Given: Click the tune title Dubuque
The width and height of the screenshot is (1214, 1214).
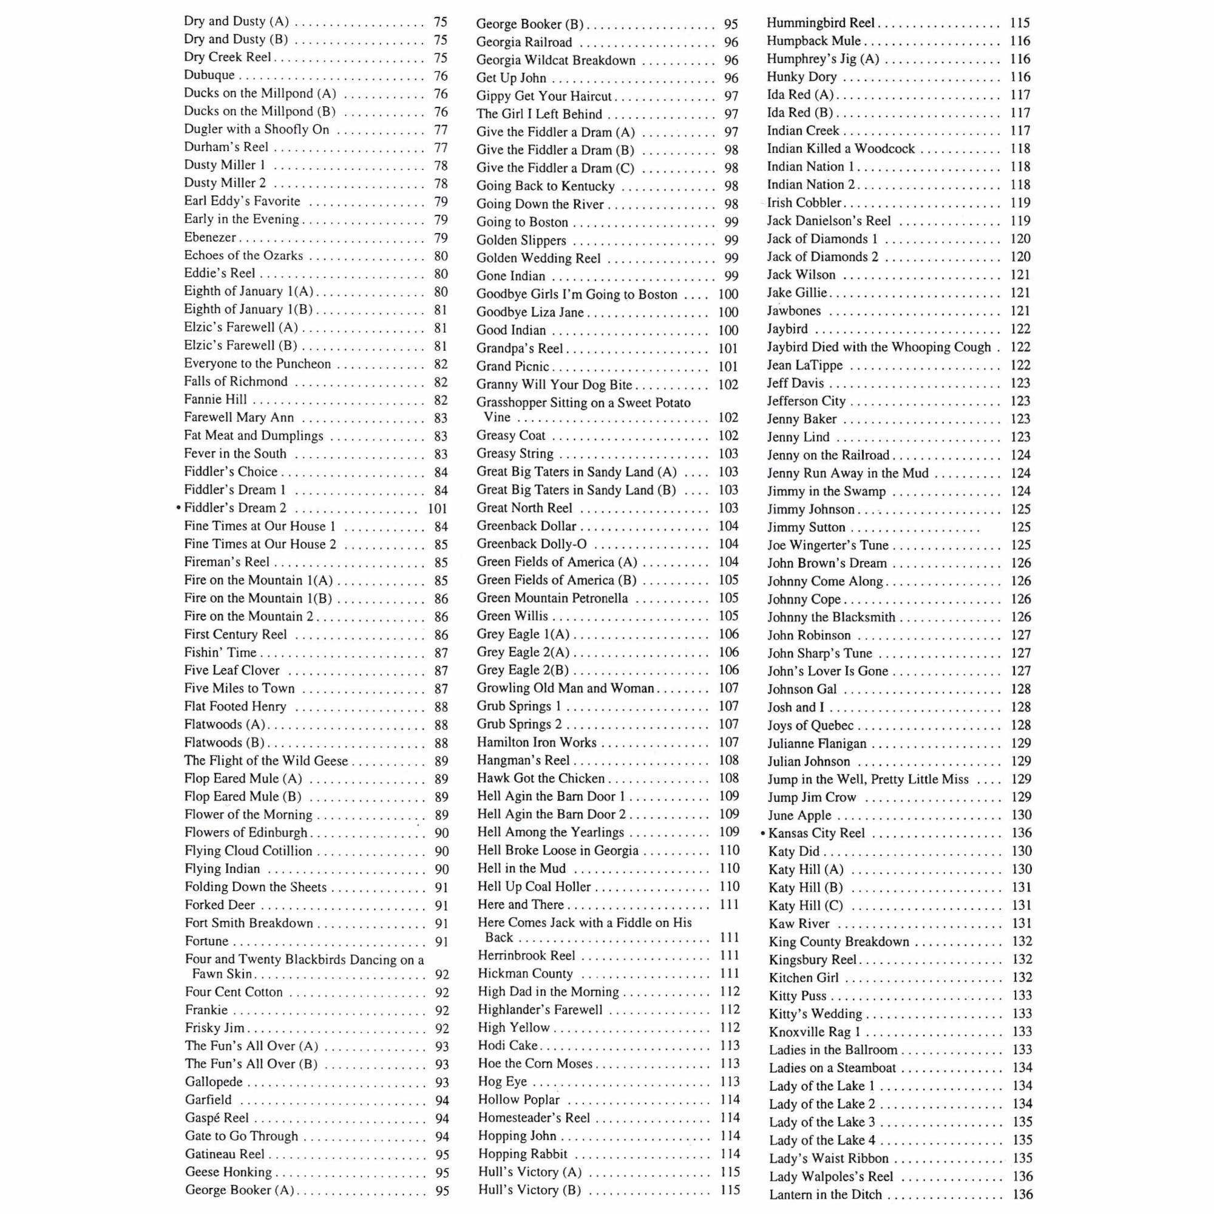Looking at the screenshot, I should click(209, 75).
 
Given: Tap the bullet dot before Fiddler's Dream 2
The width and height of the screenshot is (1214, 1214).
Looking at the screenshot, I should click(179, 507).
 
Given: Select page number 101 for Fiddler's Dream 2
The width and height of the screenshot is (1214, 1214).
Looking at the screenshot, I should click(437, 508).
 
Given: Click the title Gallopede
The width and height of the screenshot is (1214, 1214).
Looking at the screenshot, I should click(214, 1082).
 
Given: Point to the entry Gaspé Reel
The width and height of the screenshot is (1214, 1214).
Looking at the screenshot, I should click(217, 1118).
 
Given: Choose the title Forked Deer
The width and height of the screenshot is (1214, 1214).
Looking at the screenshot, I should click(220, 905).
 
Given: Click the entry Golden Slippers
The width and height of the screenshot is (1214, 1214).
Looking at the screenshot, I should click(521, 240).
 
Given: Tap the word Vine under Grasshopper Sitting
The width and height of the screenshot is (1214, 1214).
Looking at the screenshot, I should click(497, 417).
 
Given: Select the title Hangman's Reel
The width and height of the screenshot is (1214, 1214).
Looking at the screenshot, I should click(523, 761).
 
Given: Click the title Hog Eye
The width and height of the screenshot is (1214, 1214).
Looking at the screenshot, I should click(503, 1082).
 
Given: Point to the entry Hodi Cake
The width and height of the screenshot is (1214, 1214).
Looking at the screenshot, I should click(507, 1046).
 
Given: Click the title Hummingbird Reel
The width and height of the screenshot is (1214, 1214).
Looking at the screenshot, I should click(821, 23).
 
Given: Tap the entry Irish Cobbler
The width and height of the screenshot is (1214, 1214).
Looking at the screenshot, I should click(804, 203).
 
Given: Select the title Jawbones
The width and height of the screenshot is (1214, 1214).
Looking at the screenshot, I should click(793, 311).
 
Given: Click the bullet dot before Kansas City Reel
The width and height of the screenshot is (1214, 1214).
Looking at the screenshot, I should click(763, 834).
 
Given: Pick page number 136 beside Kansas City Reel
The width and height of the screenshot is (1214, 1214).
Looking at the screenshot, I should click(1022, 833).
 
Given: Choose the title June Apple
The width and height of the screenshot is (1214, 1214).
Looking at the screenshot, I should click(800, 816).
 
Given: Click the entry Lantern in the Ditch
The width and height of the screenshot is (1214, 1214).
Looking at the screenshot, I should click(826, 1195).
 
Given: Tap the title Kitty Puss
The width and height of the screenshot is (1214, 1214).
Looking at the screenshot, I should click(798, 996).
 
